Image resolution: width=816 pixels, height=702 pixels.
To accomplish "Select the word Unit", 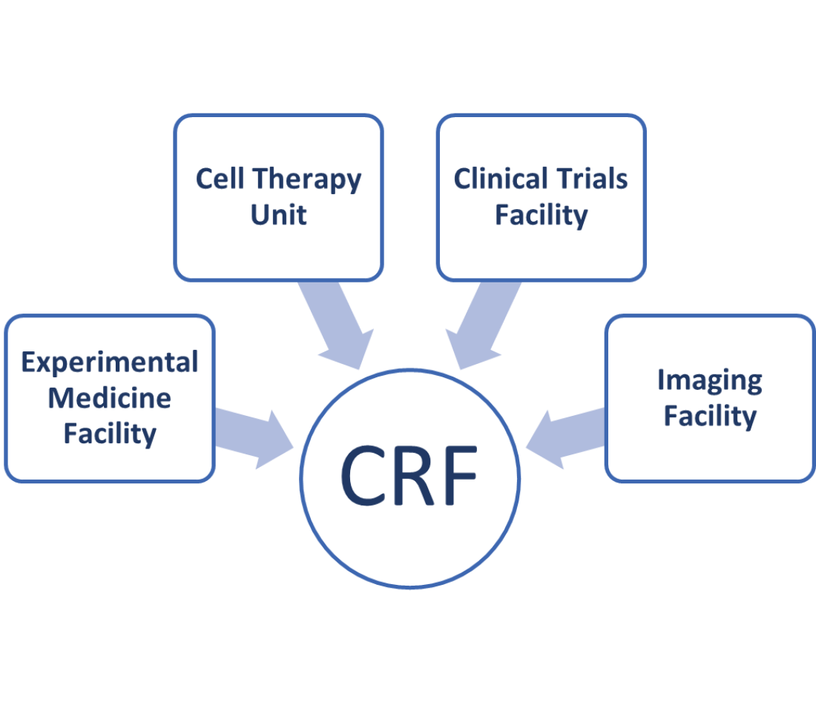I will coord(278,215).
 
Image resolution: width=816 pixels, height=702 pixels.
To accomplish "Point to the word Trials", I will coord(590,179).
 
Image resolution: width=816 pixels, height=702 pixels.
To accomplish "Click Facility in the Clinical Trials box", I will coord(541,216).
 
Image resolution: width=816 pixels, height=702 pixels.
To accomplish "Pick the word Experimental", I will coord(110,362).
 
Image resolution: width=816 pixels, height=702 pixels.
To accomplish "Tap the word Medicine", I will coord(110,398).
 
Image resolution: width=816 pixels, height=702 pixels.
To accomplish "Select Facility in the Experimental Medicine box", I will coord(110,433).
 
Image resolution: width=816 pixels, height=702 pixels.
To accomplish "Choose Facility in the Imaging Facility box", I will coord(709,416).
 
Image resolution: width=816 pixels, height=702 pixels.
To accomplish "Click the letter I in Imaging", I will coord(661,380).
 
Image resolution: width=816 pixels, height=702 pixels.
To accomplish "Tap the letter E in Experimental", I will coord(30,362).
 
